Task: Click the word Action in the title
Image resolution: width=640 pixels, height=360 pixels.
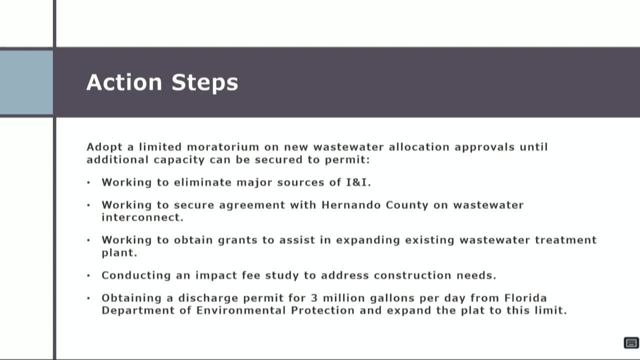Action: tap(124, 82)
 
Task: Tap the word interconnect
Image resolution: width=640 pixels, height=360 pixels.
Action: tap(142, 217)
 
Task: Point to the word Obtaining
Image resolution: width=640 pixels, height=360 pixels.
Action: tap(130, 298)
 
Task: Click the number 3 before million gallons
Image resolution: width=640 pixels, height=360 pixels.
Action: tap(314, 298)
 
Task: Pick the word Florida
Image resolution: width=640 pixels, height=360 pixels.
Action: tap(525, 298)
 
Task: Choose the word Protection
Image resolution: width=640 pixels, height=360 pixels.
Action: tap(323, 310)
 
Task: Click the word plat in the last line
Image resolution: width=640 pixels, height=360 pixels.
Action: tap(479, 310)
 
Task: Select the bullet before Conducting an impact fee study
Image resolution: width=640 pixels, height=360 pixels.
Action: tap(89, 275)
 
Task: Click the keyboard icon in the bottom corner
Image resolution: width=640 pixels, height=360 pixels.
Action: tap(631, 342)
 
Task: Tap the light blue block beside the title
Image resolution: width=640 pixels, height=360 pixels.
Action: tap(26, 82)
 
